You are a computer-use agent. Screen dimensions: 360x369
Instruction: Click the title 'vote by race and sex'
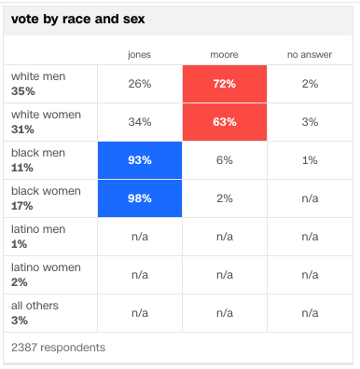click(78, 20)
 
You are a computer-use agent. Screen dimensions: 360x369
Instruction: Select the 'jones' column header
click(139, 55)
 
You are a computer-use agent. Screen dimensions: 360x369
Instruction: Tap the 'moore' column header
click(224, 55)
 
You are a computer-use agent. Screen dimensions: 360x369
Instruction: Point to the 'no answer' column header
click(310, 55)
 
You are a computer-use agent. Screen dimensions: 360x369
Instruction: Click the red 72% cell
click(225, 84)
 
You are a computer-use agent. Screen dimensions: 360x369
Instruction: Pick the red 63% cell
click(225, 122)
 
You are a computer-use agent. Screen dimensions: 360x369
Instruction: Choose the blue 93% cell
click(140, 160)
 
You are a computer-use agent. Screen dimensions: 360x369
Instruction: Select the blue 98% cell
click(140, 198)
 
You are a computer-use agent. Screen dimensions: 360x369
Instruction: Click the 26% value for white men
click(140, 84)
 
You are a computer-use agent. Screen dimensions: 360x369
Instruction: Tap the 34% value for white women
click(140, 122)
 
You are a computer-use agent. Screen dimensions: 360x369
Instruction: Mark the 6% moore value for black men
click(225, 160)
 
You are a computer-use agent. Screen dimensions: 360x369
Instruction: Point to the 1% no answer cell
click(310, 160)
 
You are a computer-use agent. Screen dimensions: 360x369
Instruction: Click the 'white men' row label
click(38, 76)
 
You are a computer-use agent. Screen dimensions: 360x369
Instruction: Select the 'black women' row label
click(46, 191)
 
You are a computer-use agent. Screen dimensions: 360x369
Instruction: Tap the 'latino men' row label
click(38, 229)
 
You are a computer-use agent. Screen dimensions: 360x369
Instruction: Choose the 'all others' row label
click(35, 306)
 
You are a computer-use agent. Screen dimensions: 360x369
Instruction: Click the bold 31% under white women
click(22, 130)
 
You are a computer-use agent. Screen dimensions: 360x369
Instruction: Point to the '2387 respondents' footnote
click(58, 348)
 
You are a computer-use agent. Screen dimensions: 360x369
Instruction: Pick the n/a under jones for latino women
click(140, 275)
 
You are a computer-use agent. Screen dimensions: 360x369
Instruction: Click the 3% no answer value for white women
click(310, 122)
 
